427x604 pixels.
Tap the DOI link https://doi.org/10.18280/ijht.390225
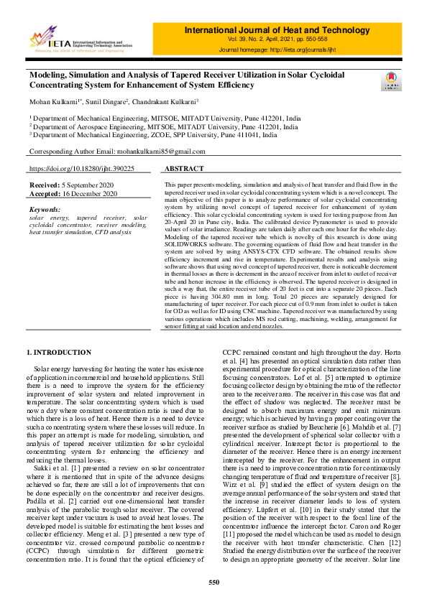81,168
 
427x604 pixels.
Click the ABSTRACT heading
185,168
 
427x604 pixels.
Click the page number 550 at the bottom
213,582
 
